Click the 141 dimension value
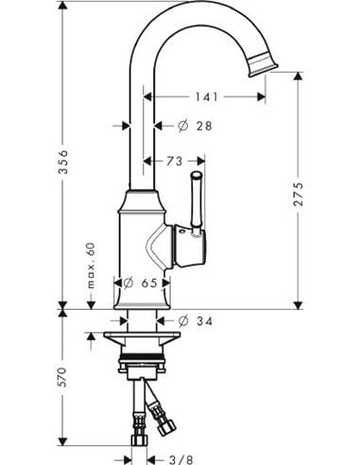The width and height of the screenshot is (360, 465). click(207, 96)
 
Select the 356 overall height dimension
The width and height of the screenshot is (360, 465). click(63, 162)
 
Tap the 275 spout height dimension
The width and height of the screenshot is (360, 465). click(298, 194)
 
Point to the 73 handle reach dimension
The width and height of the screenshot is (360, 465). click(174, 162)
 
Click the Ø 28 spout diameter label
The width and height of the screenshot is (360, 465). click(196, 126)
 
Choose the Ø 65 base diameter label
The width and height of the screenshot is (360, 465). click(140, 283)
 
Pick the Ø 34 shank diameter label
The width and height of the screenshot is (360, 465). click(196, 321)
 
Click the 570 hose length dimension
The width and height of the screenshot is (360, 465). click(63, 377)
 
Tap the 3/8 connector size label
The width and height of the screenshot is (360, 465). click(180, 459)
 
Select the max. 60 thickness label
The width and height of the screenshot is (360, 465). click(91, 266)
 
